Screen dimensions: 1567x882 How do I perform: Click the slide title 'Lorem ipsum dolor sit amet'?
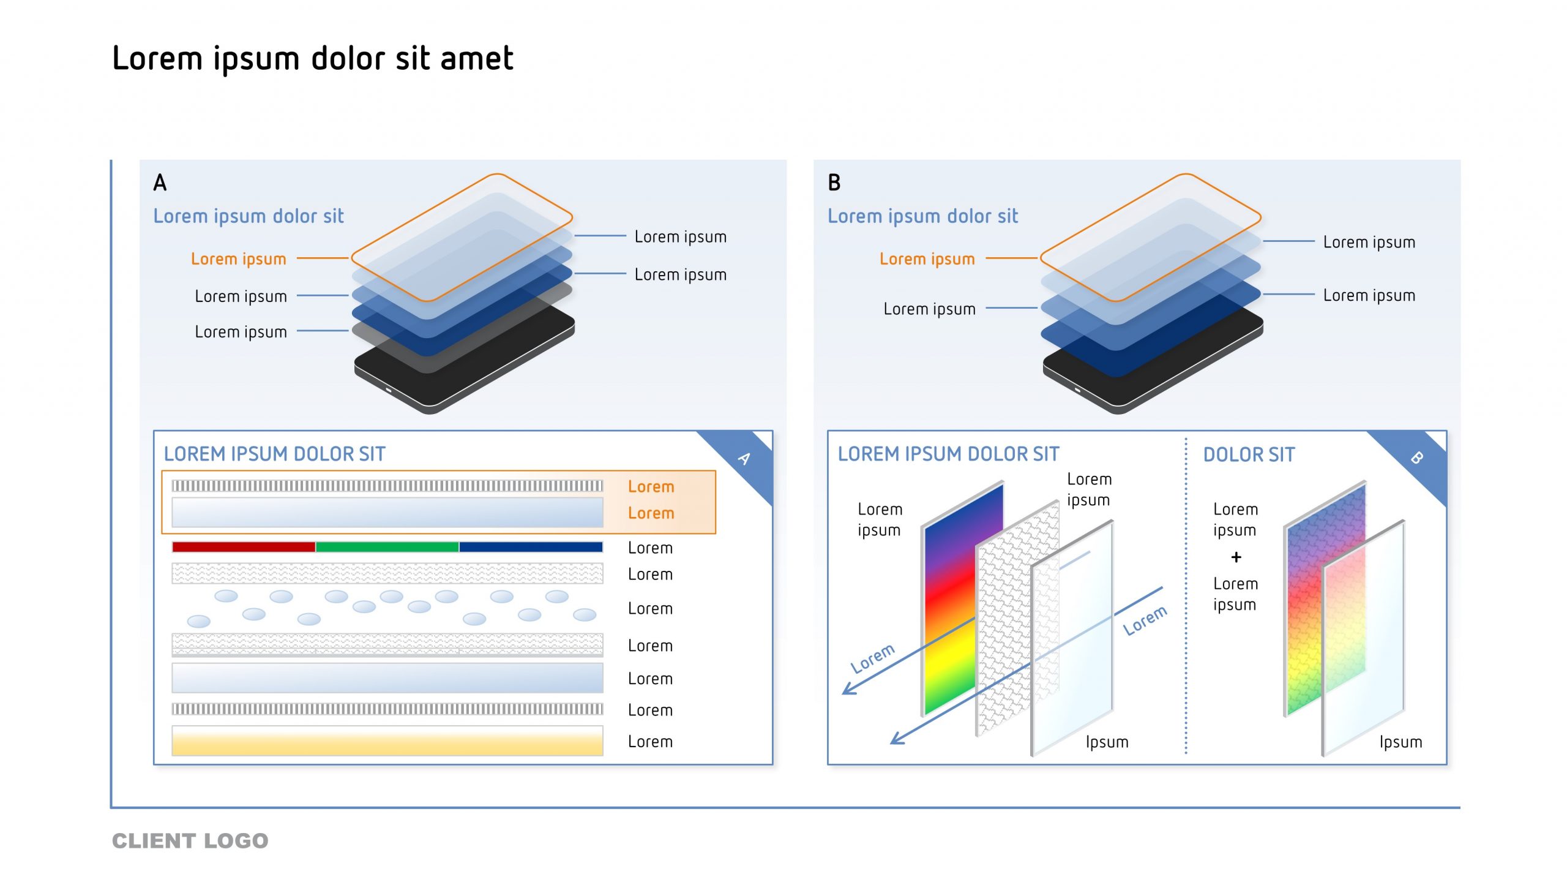click(x=313, y=59)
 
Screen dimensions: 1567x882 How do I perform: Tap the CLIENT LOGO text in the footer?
click(x=190, y=840)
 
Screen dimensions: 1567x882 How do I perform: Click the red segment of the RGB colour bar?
click(x=244, y=547)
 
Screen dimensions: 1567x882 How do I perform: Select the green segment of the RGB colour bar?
click(x=387, y=547)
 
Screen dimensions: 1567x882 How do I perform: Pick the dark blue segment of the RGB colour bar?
click(x=531, y=547)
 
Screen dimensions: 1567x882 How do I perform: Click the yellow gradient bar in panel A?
click(x=387, y=741)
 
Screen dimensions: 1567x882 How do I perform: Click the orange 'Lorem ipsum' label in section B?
click(x=927, y=259)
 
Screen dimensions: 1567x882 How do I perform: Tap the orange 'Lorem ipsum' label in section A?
click(x=238, y=259)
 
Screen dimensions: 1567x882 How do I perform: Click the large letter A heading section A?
click(x=160, y=183)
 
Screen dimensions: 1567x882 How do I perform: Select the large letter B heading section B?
click(x=834, y=183)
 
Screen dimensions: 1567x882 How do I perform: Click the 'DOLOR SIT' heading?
click(x=1249, y=454)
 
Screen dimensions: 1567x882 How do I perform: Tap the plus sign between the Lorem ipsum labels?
click(x=1236, y=557)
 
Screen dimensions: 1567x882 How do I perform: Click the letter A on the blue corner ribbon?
click(x=744, y=458)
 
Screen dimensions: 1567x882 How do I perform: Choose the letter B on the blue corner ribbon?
click(x=1416, y=458)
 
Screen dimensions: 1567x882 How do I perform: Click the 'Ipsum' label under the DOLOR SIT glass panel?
click(x=1401, y=742)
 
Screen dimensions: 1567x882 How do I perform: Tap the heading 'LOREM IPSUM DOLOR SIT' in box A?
click(x=274, y=454)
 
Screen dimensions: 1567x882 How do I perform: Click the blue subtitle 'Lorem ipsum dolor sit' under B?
click(x=922, y=216)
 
